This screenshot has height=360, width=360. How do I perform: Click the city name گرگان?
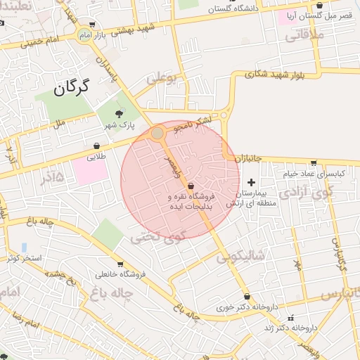click(x=72, y=89)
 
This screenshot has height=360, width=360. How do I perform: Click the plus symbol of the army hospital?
click(x=252, y=183)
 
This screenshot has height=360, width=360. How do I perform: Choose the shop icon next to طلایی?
click(x=96, y=146)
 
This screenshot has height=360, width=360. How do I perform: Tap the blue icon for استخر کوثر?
click(x=25, y=247)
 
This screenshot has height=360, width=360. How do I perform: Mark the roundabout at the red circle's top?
click(x=157, y=133)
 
